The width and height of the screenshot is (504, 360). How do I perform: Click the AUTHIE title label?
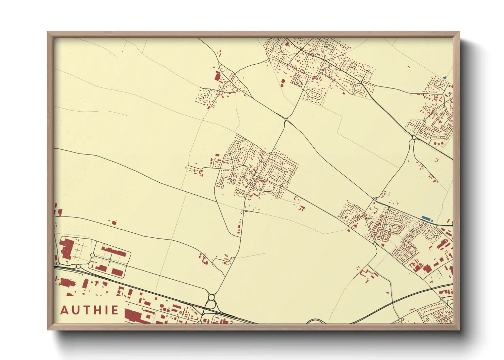click(x=90, y=310)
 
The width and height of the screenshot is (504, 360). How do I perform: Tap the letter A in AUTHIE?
click(x=65, y=310)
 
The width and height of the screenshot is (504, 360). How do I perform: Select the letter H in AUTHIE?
click(x=96, y=310)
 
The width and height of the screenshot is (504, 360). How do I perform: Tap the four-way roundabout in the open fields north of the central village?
click(x=286, y=119)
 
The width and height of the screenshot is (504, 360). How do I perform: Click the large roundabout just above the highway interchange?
click(x=211, y=297)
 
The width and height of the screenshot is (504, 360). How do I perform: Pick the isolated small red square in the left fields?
click(x=114, y=223)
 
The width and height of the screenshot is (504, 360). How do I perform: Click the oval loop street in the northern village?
click(x=312, y=93)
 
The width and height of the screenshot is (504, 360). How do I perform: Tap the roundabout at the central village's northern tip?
click(x=271, y=153)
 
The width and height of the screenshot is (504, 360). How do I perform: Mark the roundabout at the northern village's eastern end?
click(x=360, y=82)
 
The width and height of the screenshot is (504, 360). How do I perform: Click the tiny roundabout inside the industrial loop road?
click(x=110, y=260)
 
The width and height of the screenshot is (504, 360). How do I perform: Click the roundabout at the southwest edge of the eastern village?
click(x=375, y=244)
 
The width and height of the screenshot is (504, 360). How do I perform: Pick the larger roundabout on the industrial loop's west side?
click(x=92, y=255)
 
